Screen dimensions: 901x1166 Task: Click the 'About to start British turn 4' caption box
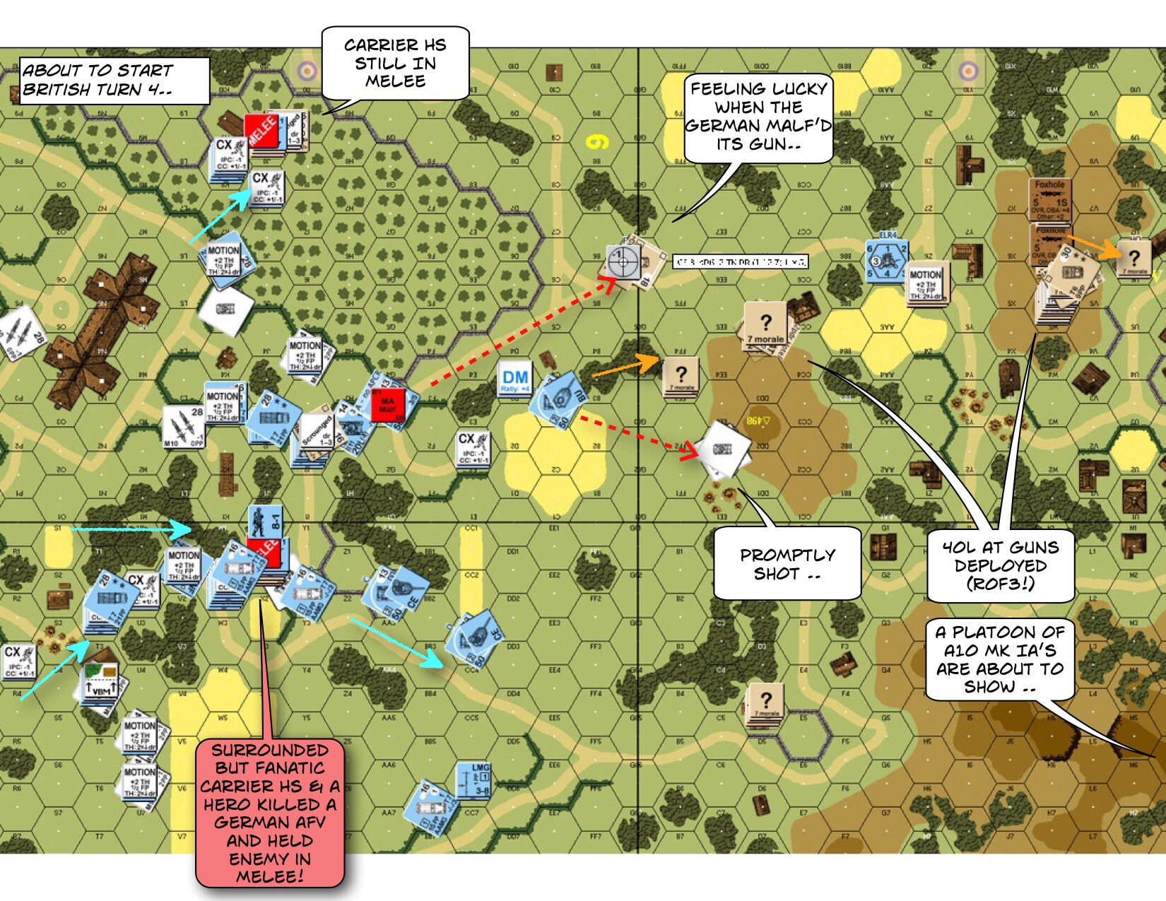tap(113, 81)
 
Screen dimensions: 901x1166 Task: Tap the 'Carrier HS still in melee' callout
tap(395, 63)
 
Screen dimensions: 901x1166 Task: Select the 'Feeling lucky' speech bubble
tap(758, 117)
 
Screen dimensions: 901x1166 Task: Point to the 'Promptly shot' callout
tap(787, 564)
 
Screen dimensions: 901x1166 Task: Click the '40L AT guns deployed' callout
tap(1000, 565)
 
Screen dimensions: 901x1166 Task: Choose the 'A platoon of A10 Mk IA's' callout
tap(1000, 659)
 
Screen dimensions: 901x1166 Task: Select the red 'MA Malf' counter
tap(388, 406)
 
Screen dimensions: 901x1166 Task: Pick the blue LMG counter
tap(473, 781)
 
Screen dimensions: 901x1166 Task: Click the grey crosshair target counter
tap(623, 262)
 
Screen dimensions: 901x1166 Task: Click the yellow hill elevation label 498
tap(758, 421)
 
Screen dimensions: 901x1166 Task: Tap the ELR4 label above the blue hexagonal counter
tap(888, 235)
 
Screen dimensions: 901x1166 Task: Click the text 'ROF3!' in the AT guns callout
tap(1000, 584)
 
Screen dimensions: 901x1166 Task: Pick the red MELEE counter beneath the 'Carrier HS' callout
tap(261, 131)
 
